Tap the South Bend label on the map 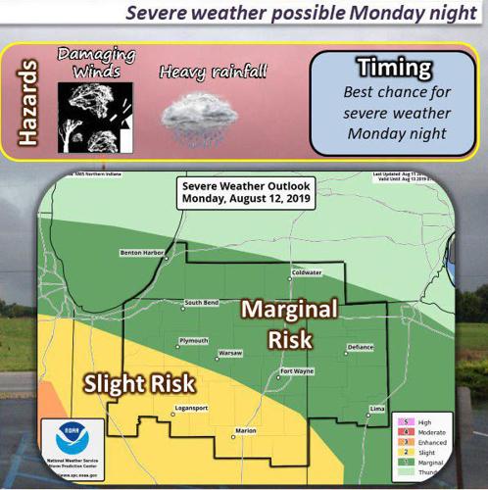[200, 303]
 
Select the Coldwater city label [307, 272]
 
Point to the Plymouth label [193, 340]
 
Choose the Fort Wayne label [296, 371]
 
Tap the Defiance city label [360, 348]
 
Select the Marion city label [246, 430]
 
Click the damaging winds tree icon [95, 116]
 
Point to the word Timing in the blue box [394, 68]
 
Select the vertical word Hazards [29, 103]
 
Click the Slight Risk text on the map [137, 381]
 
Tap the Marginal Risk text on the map [290, 324]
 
